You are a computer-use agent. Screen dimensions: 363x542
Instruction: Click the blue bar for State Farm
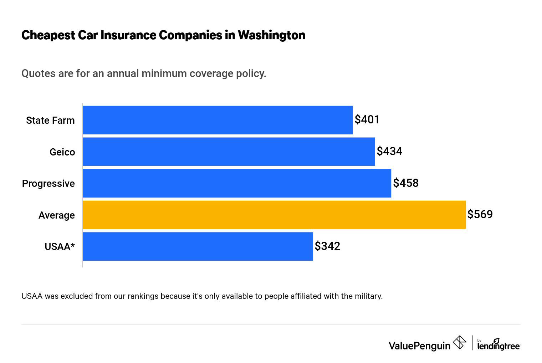coord(218,120)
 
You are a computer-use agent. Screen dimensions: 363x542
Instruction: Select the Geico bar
coord(229,152)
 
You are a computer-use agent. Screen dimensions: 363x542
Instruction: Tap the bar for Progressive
coord(237,183)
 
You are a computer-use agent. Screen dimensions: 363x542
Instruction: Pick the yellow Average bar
coord(274,215)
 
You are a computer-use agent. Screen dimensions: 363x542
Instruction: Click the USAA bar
coord(198,246)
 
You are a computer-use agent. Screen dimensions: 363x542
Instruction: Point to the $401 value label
coord(367,119)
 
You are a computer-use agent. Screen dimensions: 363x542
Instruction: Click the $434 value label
coord(389,151)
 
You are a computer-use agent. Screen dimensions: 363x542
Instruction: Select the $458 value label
coord(406,183)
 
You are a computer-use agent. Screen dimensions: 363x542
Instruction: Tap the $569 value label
coord(480,214)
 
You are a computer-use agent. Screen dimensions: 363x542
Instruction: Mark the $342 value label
coord(327,246)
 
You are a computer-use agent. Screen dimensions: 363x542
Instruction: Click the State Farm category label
coord(50,121)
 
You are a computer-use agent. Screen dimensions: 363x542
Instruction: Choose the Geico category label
coord(62,152)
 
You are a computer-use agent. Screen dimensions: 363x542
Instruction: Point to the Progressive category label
coord(48,184)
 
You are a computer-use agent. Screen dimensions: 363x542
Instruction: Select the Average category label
coord(57,215)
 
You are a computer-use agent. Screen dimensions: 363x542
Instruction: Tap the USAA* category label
coord(60,247)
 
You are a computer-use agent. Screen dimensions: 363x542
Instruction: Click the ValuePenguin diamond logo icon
coord(459,343)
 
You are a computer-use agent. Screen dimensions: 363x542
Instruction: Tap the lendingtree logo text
coord(498,346)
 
